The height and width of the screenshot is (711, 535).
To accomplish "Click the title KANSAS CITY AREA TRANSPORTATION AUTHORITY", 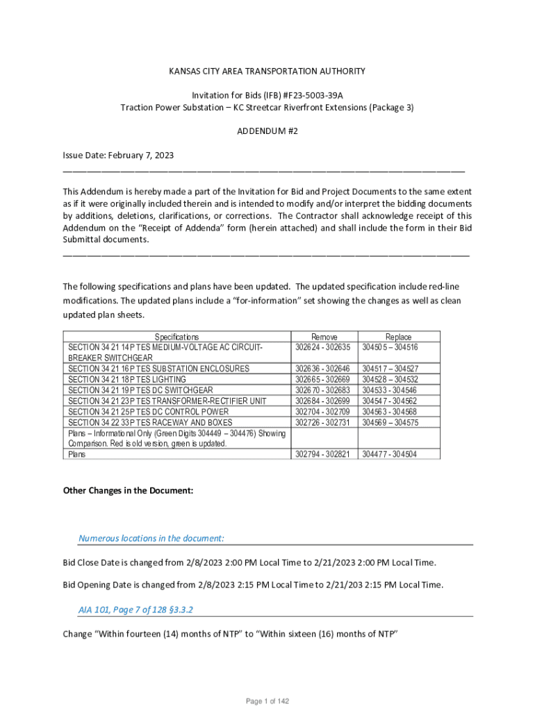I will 267,72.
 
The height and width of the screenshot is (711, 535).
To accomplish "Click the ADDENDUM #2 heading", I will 267,131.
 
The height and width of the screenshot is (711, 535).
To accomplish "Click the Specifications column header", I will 176,336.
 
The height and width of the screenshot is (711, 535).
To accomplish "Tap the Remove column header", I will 324,336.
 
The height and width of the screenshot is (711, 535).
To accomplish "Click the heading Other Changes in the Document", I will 128,490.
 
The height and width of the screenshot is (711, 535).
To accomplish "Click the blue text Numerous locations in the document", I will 151,538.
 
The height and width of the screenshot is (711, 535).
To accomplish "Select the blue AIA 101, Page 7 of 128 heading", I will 135,610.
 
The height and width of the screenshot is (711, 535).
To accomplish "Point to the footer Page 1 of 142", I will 267,701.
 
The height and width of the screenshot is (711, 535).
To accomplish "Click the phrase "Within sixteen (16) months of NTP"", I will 327,634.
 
